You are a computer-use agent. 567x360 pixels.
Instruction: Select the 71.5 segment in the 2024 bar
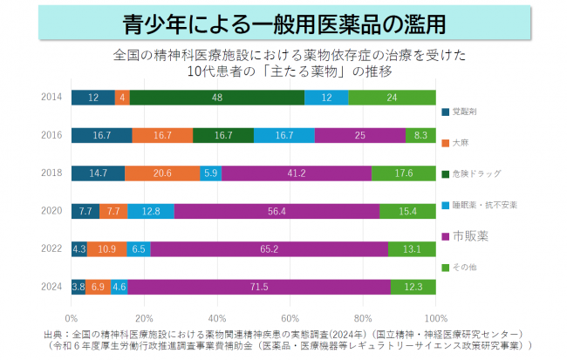[259, 286]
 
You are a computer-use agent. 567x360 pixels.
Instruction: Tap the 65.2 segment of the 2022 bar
[270, 248]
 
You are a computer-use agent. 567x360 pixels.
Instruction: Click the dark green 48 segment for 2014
[216, 97]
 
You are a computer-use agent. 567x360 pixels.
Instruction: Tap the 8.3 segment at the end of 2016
[420, 135]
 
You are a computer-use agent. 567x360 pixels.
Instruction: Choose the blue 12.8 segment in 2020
[151, 211]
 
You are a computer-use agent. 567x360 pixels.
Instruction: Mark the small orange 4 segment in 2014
[123, 97]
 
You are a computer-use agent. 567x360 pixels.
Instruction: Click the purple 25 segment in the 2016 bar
[360, 135]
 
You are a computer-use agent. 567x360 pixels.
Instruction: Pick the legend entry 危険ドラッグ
[476, 173]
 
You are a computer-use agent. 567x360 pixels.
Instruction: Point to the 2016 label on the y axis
[50, 135]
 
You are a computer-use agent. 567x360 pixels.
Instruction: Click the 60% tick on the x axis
[290, 317]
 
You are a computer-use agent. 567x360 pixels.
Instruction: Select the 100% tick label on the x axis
[435, 317]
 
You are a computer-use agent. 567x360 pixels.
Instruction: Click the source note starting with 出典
[283, 339]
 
